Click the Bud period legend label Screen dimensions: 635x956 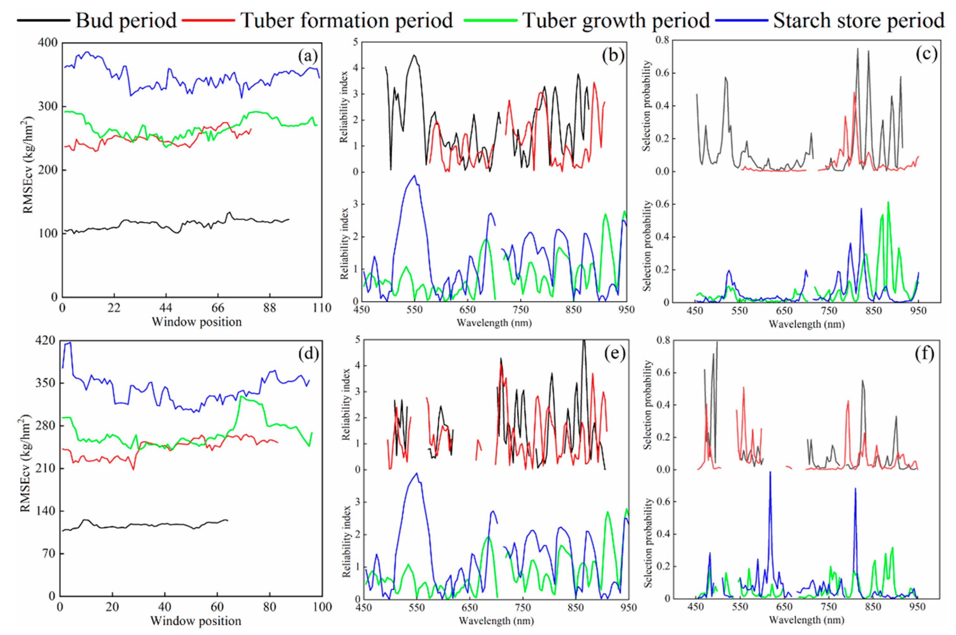126,20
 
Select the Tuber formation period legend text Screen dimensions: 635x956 346,20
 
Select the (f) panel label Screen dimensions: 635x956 924,354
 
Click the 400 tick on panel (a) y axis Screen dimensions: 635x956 47,42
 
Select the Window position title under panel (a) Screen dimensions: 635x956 197,322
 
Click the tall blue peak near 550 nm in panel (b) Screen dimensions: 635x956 414,176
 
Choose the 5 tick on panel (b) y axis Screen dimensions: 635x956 355,42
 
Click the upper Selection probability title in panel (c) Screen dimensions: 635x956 647,106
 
